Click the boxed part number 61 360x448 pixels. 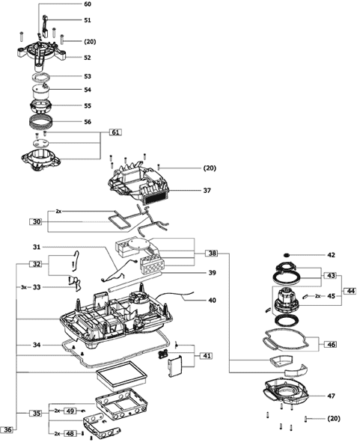pyautogui.click(x=115, y=132)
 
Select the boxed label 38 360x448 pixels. pyautogui.click(x=212, y=253)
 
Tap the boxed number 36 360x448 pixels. pyautogui.click(x=8, y=429)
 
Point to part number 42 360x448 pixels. pyautogui.click(x=331, y=255)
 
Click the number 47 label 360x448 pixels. pyautogui.click(x=331, y=396)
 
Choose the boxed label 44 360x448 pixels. pyautogui.click(x=350, y=291)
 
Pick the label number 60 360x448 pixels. pyautogui.click(x=88, y=4)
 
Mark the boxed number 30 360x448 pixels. pyautogui.click(x=37, y=221)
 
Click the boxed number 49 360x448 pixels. pyautogui.click(x=70, y=411)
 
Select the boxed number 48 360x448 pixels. pyautogui.click(x=70, y=434)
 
